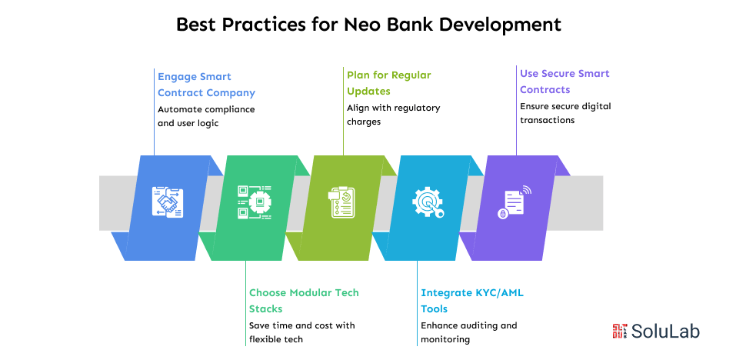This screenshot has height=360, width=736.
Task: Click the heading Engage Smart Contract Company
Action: tap(206, 85)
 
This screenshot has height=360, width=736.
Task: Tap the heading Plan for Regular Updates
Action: tap(388, 83)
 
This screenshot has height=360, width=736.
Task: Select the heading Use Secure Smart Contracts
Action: tap(564, 82)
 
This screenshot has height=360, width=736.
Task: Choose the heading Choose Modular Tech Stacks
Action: tap(304, 301)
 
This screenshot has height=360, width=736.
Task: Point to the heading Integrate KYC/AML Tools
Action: tap(472, 301)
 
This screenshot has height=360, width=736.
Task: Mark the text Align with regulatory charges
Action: tap(393, 115)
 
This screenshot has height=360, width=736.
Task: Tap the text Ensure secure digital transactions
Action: tap(565, 113)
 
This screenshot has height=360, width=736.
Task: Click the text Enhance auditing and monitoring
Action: tap(468, 332)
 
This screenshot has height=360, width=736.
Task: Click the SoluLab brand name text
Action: tap(665, 332)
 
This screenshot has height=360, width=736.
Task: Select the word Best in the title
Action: tap(197, 24)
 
